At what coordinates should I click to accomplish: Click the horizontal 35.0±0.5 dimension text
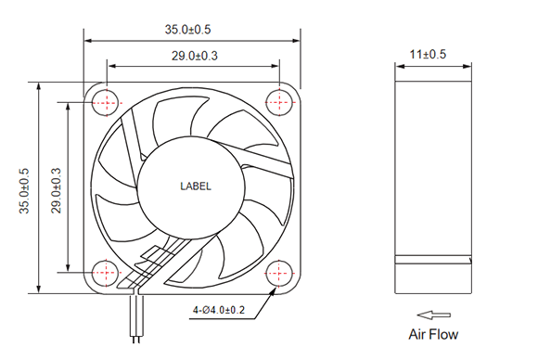click(187, 30)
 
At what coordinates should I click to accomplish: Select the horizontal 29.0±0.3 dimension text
click(195, 56)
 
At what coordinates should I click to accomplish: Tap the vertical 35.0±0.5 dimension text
click(24, 191)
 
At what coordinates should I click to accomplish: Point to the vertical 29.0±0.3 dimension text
click(56, 191)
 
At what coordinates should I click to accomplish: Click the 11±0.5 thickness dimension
click(428, 54)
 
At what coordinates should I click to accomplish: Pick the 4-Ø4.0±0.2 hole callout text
click(219, 310)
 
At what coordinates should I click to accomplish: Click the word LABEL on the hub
click(196, 186)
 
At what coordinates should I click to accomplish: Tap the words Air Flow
click(433, 334)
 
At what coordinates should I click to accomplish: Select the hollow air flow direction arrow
click(434, 315)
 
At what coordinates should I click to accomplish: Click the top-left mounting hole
click(107, 103)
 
